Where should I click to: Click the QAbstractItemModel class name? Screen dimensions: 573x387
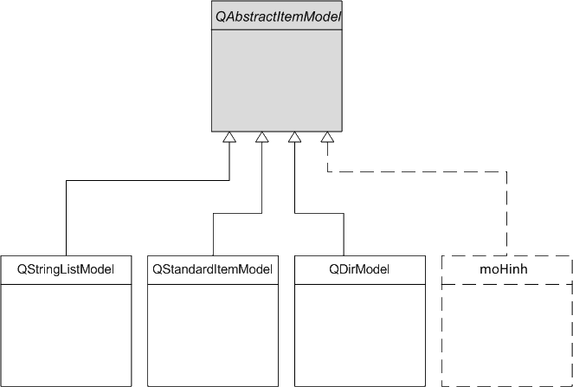278,16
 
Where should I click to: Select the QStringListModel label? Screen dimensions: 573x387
66,270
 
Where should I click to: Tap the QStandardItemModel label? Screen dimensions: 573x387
212,270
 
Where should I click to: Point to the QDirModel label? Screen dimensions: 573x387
359,270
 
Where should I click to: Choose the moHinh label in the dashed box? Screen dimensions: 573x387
504,269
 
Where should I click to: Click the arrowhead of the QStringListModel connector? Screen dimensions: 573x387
229,137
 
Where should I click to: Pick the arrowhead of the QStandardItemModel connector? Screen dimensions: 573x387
261,137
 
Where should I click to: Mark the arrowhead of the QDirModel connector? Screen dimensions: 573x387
294,137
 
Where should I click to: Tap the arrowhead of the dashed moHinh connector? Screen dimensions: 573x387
327,137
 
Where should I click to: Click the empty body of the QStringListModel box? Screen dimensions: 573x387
66,335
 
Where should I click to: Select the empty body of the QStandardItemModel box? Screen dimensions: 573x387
213,335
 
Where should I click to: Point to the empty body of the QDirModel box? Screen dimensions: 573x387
360,335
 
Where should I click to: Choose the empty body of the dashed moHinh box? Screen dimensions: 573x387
506,335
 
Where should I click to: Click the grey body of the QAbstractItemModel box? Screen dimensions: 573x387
277,81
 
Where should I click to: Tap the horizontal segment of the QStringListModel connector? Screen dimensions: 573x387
148,180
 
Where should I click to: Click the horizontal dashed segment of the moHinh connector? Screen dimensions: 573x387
417,171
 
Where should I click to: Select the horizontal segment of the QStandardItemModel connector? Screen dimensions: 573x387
237,214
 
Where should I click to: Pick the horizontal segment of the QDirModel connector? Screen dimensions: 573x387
319,214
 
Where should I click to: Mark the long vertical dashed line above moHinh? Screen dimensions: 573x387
506,214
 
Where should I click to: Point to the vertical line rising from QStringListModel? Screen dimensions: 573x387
66,218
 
